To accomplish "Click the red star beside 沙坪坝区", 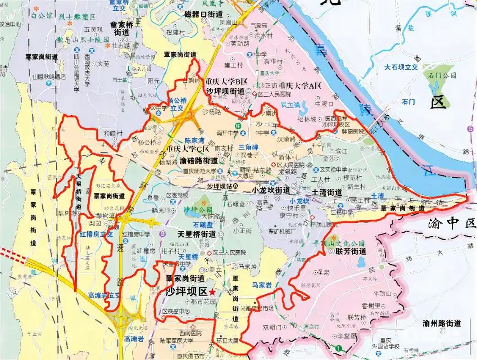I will (x=212, y=292).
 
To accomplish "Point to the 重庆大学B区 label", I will (x=227, y=81).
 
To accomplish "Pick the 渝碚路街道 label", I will (x=199, y=160).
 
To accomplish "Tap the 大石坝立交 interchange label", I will (x=401, y=67).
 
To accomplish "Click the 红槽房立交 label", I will (x=96, y=234).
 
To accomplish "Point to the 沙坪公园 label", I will (x=198, y=210).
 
